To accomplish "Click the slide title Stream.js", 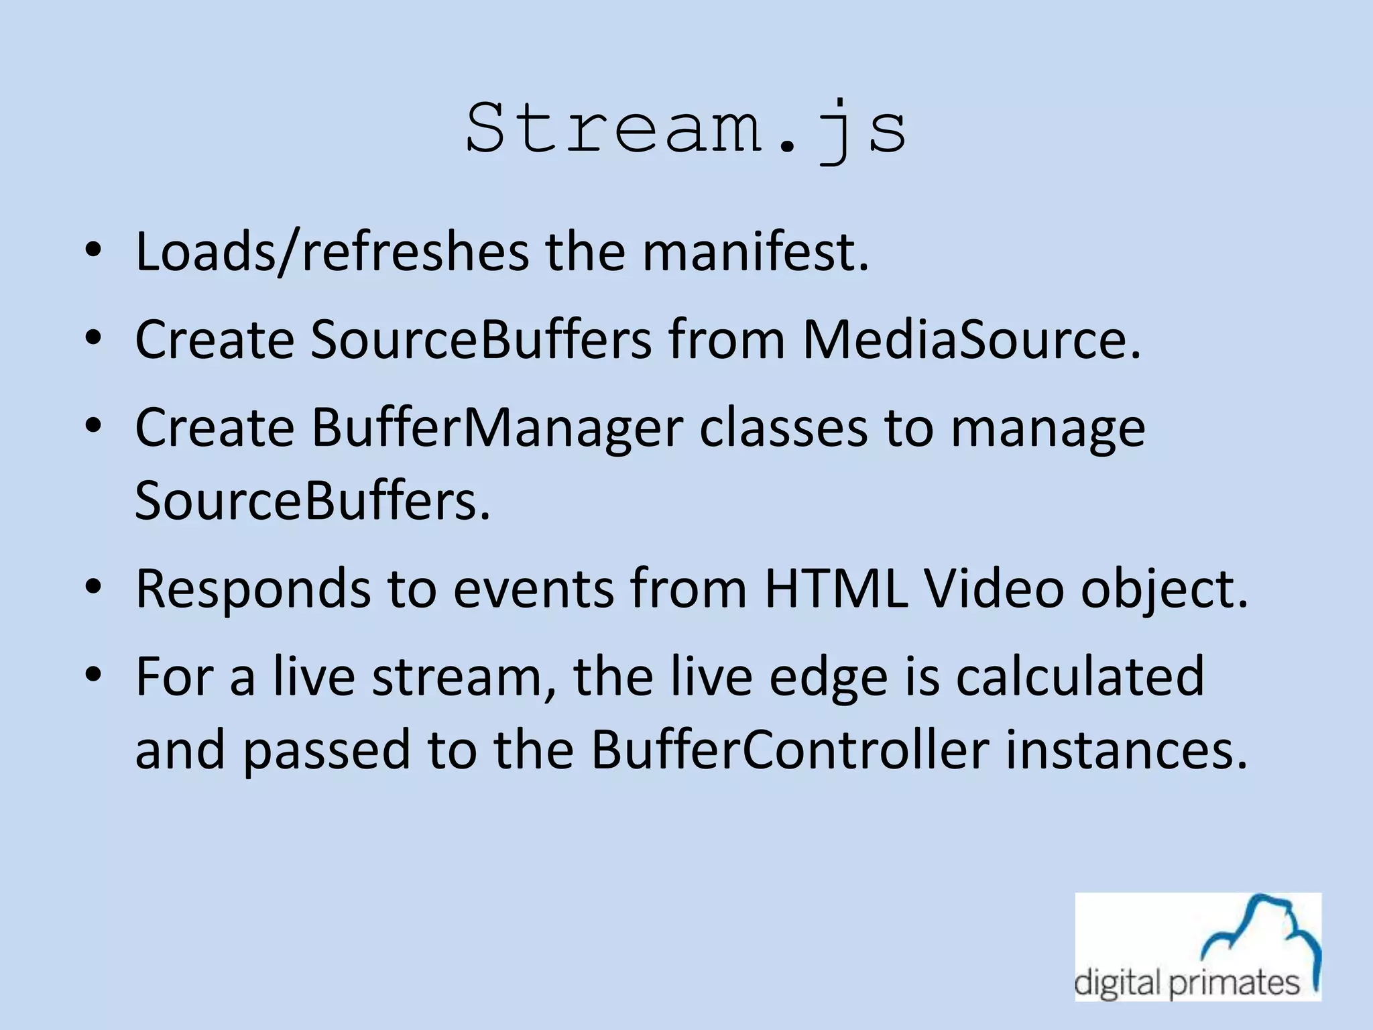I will (686, 129).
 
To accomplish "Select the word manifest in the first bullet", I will (755, 252).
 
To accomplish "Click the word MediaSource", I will (971, 340).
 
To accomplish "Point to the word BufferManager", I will (497, 429).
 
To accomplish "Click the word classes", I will (783, 429).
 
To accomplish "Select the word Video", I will (994, 589).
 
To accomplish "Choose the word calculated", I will (1079, 677).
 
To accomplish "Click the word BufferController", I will (790, 750).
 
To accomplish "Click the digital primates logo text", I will (1187, 983).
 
